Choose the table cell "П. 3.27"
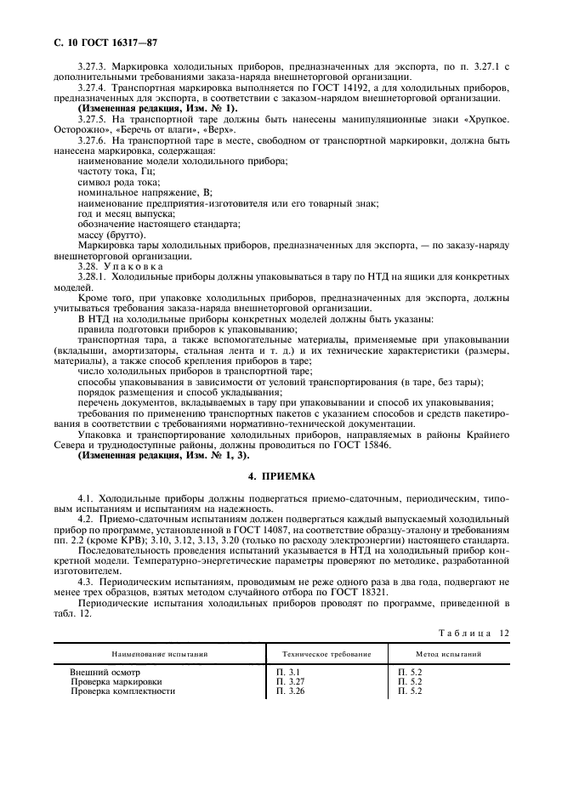[290, 681]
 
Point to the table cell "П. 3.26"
[290, 691]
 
